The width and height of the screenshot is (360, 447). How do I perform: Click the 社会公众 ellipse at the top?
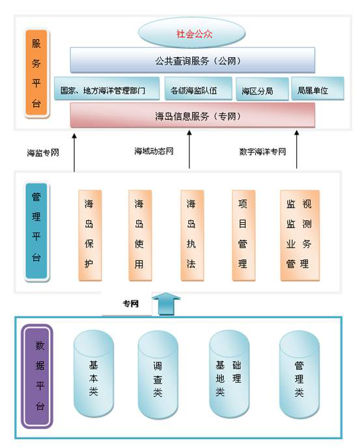coord(191,33)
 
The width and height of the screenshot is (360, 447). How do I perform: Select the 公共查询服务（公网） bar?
coord(193,60)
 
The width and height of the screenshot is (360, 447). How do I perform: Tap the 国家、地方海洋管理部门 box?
coord(107,89)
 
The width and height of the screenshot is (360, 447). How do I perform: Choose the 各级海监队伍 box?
coord(198,89)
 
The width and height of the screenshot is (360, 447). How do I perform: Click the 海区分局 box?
coord(262,89)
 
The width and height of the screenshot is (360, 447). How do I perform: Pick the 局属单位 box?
coord(318,89)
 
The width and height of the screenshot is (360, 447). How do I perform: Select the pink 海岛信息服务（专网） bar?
coord(193,115)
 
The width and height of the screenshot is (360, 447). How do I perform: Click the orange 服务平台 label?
coord(36,73)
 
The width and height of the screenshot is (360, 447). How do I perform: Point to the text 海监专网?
coord(43,152)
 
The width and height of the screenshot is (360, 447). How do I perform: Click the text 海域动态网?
coord(154,151)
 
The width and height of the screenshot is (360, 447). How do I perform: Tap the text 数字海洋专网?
coord(262,152)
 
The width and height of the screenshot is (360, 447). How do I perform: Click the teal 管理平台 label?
coord(36,231)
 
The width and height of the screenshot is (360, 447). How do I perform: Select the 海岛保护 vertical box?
coord(90,235)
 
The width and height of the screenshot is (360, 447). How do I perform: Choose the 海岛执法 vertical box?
coord(192,235)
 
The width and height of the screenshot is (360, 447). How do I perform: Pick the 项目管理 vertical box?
coord(243,235)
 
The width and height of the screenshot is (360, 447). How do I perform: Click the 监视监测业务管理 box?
coord(300,235)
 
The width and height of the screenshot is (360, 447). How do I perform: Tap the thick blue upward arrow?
coord(167,304)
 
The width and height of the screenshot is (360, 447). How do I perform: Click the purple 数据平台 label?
coord(38,377)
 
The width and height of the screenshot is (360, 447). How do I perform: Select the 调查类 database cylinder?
coord(158,375)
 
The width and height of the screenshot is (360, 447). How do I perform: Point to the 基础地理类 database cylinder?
coord(229,374)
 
